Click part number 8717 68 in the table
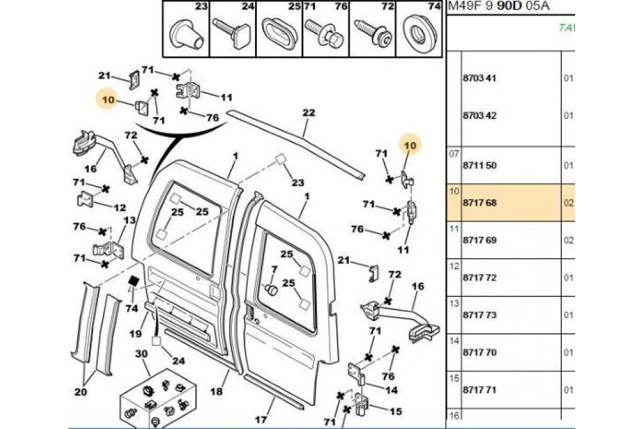(x=479, y=203)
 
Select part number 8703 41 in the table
(x=479, y=78)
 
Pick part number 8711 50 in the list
(x=479, y=165)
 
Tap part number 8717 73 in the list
(x=479, y=315)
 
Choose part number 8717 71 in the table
(x=479, y=390)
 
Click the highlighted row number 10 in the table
(x=453, y=191)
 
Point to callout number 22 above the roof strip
(x=308, y=113)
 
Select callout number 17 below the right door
(x=260, y=420)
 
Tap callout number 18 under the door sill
(x=217, y=392)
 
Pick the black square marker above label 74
(x=134, y=281)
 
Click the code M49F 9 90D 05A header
(x=500, y=7)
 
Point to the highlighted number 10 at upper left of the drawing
(x=108, y=100)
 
